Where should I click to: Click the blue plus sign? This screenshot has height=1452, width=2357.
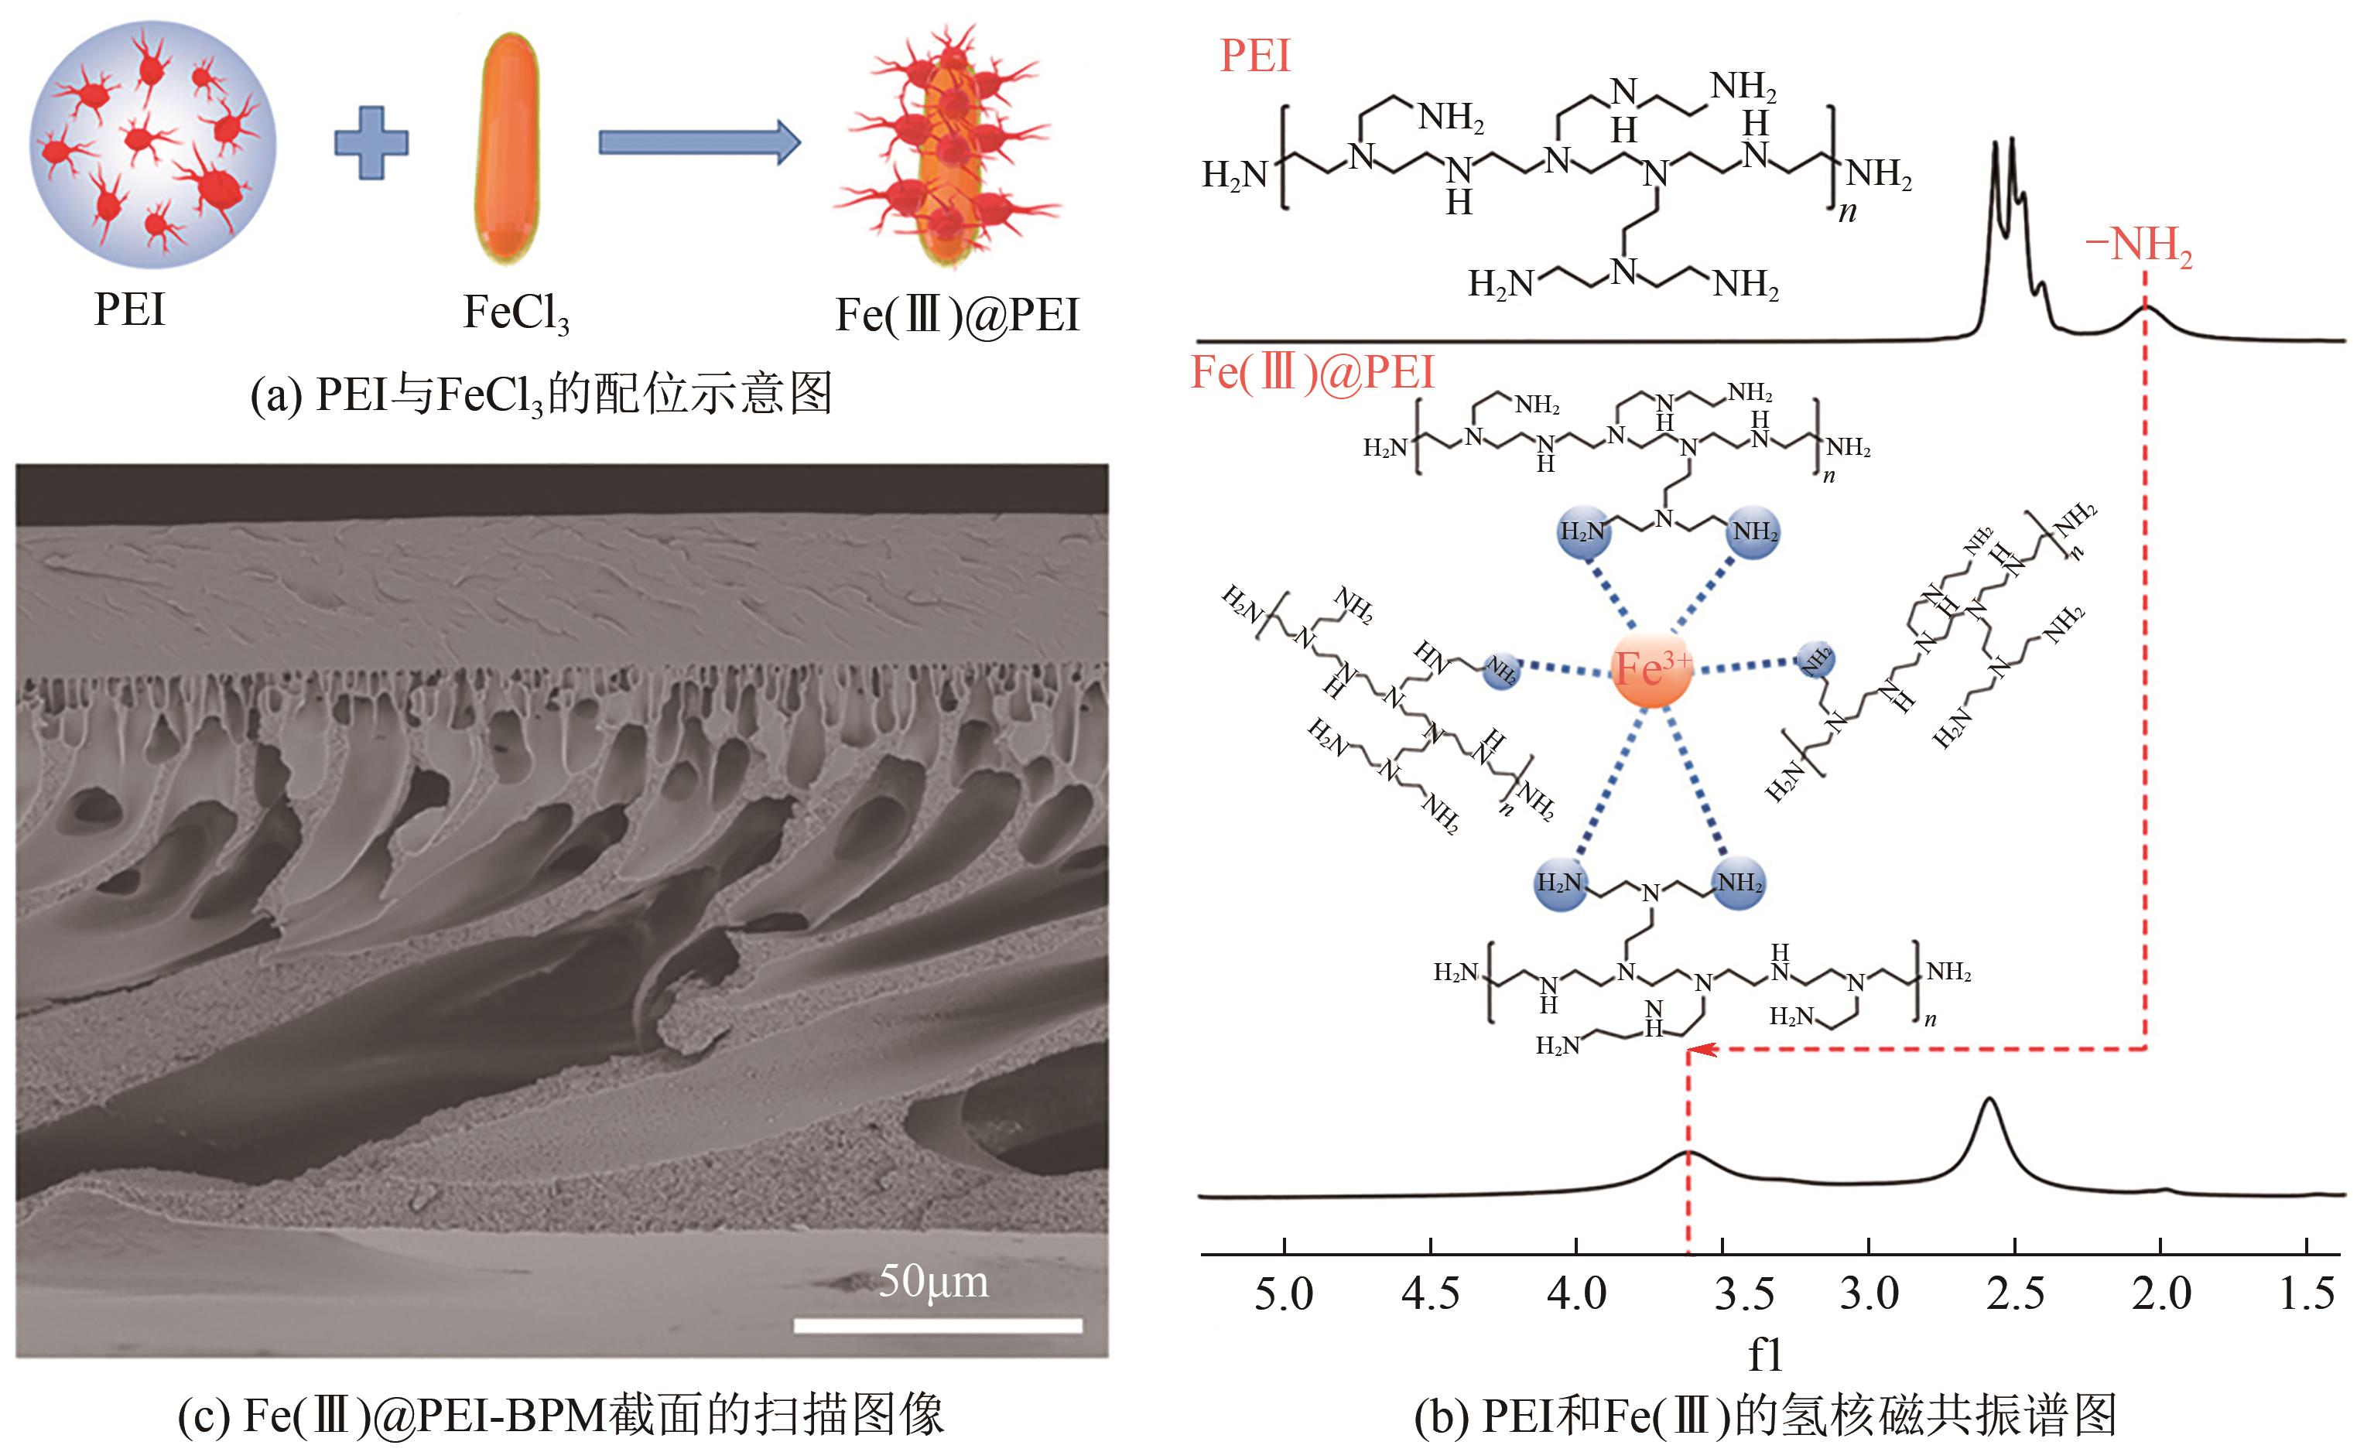371,143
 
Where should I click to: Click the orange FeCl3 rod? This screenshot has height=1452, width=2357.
507,148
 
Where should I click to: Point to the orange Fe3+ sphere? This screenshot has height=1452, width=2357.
1650,668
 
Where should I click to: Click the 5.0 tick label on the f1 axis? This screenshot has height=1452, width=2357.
1285,1294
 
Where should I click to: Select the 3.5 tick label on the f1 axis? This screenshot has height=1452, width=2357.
1744,1294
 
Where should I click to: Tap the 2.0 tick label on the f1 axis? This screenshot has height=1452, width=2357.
2161,1294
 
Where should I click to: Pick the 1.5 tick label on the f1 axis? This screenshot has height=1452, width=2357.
2307,1294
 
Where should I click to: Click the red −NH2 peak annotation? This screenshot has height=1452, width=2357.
2138,246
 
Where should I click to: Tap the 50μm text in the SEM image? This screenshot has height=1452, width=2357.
932,1281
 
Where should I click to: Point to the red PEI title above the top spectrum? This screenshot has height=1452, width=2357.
1254,56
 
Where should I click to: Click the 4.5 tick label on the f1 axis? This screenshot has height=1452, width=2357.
1430,1294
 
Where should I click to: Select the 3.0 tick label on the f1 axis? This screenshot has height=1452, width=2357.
1869,1294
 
